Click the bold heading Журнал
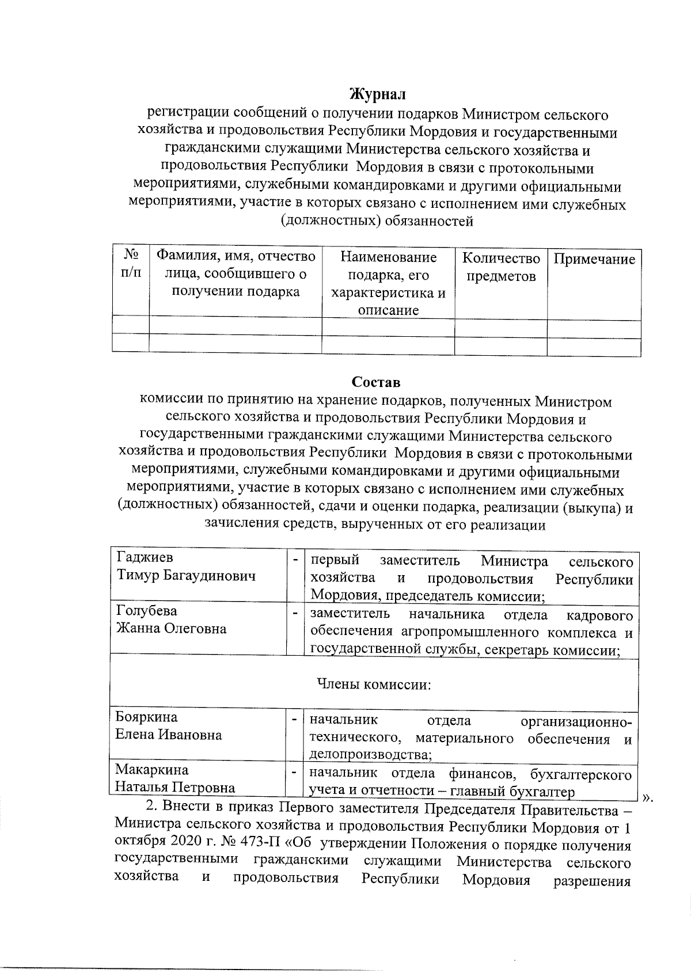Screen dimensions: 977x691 tap(378, 93)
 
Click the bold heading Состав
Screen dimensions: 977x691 tap(376, 382)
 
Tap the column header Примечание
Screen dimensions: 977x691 tap(594, 259)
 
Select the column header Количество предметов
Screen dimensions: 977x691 tap(501, 267)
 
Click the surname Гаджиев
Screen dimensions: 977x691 tap(145, 557)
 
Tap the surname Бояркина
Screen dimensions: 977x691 tap(146, 717)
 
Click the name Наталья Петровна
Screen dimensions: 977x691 tap(175, 787)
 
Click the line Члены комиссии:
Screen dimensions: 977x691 tap(374, 685)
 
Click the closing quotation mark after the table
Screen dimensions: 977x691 tap(648, 797)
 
